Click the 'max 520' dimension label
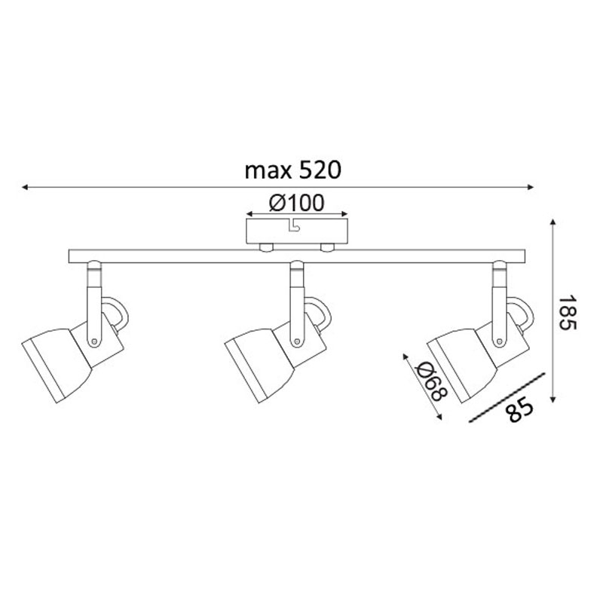pyautogui.click(x=293, y=170)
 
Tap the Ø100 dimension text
pyautogui.click(x=297, y=203)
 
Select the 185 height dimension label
pyautogui.click(x=568, y=313)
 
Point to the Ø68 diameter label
pyautogui.click(x=433, y=381)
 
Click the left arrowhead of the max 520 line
pyautogui.click(x=25, y=187)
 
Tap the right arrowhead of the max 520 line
pyautogui.click(x=531, y=187)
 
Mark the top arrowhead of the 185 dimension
pyautogui.click(x=553, y=222)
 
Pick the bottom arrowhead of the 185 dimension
pyautogui.click(x=553, y=399)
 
